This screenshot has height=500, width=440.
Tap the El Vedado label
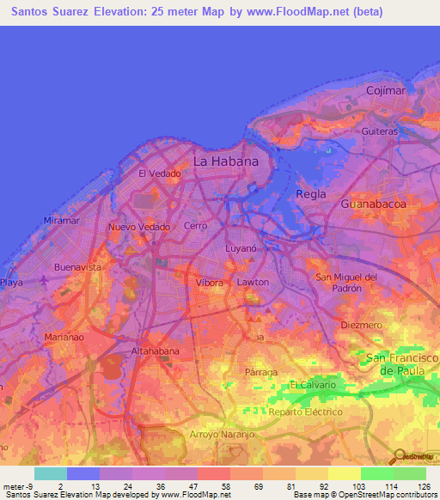pyautogui.click(x=159, y=174)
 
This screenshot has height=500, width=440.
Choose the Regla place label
pyautogui.click(x=310, y=194)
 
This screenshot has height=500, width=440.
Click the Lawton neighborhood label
pyautogui.click(x=253, y=282)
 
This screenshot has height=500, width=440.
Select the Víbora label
pyautogui.click(x=210, y=283)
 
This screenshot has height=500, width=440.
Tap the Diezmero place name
pyautogui.click(x=360, y=326)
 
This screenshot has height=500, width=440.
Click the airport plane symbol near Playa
pyautogui.click(x=44, y=280)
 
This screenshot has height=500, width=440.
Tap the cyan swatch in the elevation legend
pyautogui.click(x=51, y=473)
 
